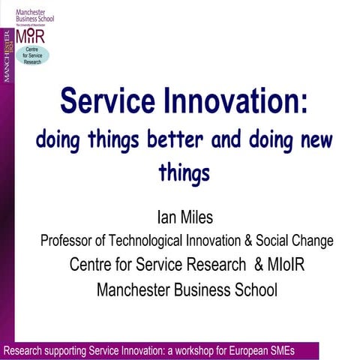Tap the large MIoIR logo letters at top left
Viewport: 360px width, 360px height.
tap(31, 34)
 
